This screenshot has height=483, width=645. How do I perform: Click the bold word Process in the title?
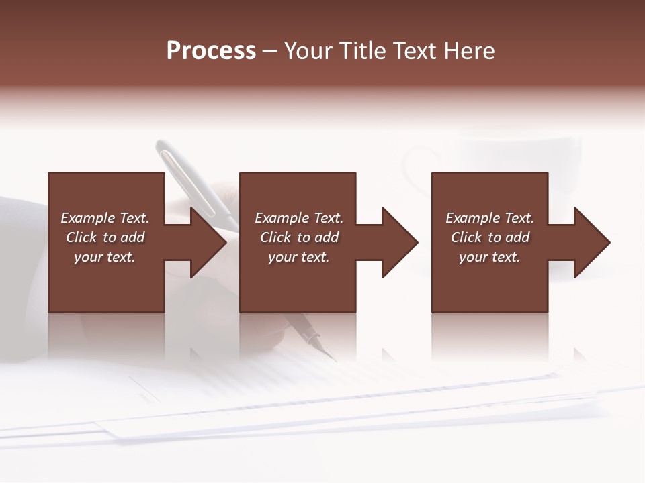point(211,51)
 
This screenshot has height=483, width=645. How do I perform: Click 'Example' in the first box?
point(87,218)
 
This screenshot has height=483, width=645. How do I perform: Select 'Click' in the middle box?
point(275,237)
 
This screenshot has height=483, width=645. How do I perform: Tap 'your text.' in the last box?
point(490,257)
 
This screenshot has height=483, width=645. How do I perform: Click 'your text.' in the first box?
point(105,257)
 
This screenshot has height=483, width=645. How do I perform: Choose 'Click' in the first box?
point(81,237)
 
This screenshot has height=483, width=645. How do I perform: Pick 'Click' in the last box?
point(466,237)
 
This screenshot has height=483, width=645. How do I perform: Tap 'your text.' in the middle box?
point(299,257)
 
